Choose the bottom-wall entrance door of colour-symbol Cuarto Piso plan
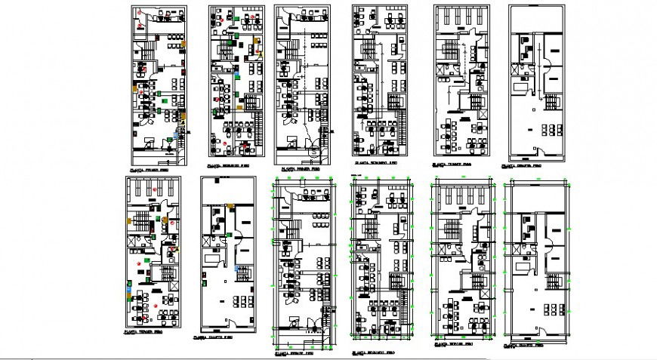pos(227,329)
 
